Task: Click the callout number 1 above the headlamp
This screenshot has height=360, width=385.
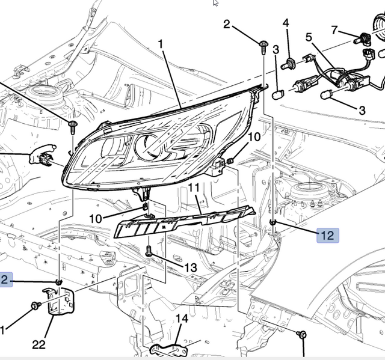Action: pyautogui.click(x=161, y=44)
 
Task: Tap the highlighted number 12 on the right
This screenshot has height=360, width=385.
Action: pyautogui.click(x=327, y=236)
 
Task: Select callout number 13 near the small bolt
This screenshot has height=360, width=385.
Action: pyautogui.click(x=190, y=267)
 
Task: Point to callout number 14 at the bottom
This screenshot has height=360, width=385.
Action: pyautogui.click(x=182, y=319)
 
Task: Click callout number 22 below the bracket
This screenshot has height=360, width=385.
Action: pyautogui.click(x=38, y=344)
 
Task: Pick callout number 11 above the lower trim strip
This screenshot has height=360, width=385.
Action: pyautogui.click(x=194, y=188)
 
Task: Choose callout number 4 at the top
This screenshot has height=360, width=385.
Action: pyautogui.click(x=286, y=23)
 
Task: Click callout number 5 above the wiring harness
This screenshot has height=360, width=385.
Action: pyautogui.click(x=309, y=37)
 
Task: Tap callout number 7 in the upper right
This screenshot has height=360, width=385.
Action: pyautogui.click(x=334, y=30)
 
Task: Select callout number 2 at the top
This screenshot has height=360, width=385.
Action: pyautogui.click(x=227, y=24)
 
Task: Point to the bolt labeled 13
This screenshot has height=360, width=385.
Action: pyautogui.click(x=149, y=251)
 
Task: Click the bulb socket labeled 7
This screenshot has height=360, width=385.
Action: pyautogui.click(x=363, y=40)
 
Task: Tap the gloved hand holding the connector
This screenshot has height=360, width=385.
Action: pyautogui.click(x=42, y=154)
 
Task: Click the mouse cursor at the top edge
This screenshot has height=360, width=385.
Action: pyautogui.click(x=215, y=3)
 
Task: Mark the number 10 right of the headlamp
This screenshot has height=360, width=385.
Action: pyautogui.click(x=254, y=137)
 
